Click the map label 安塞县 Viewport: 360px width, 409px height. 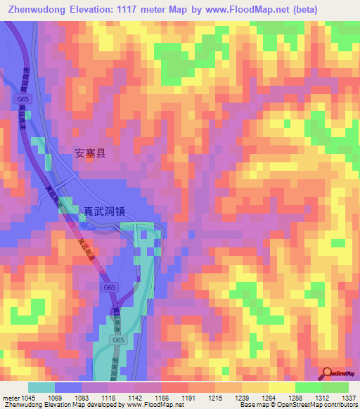(x=90, y=152)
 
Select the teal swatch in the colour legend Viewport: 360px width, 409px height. (x=41, y=387)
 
